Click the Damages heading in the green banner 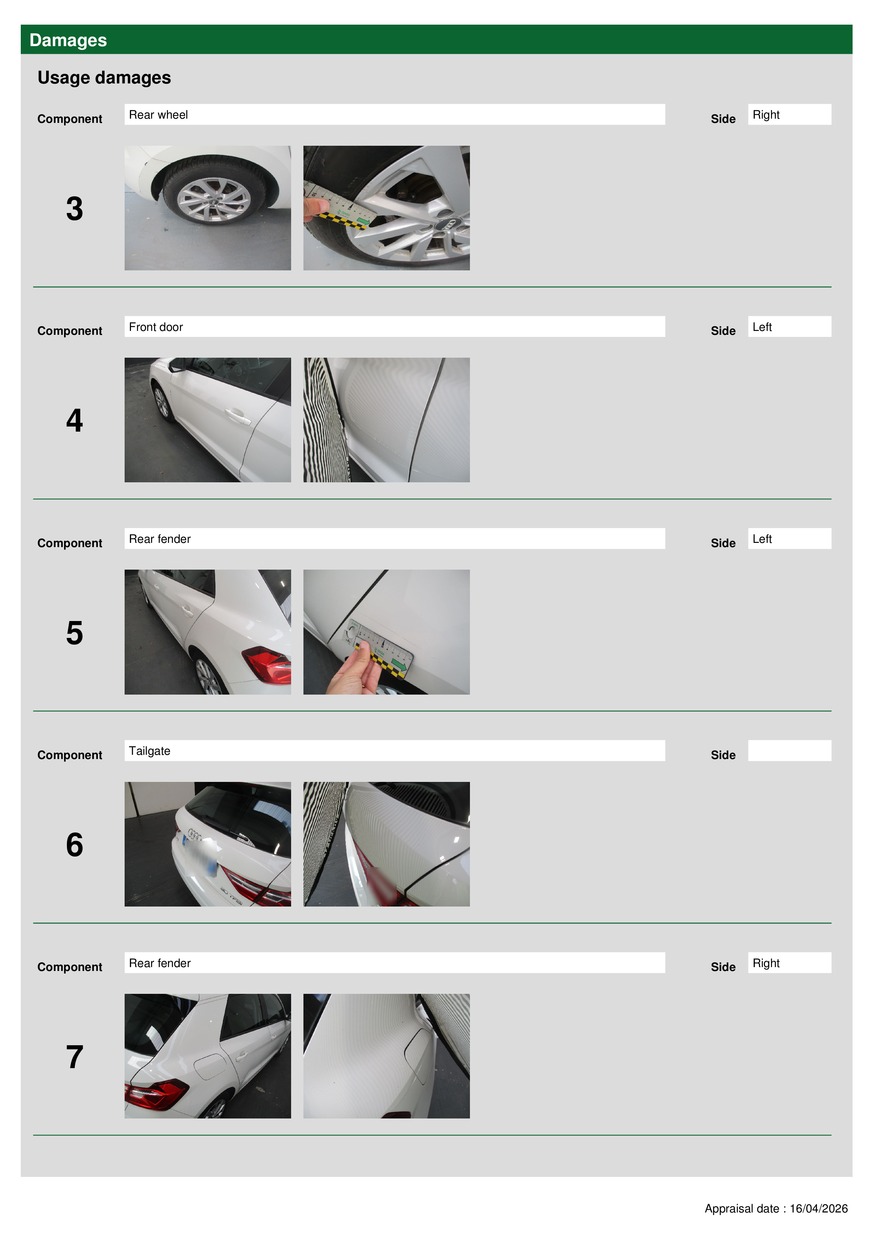pyautogui.click(x=68, y=40)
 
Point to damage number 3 pyautogui.click(x=75, y=209)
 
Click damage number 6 pyautogui.click(x=75, y=845)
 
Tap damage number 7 pyautogui.click(x=75, y=1057)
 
